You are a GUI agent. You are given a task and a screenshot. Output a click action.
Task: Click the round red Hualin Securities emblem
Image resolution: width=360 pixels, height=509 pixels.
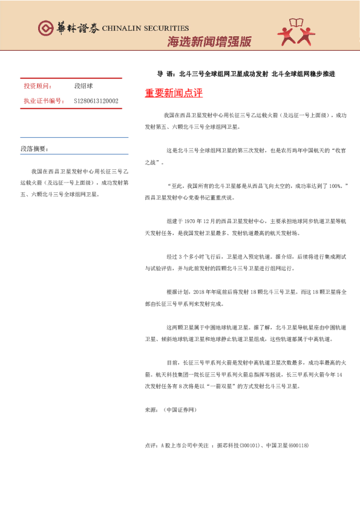(x=46, y=28)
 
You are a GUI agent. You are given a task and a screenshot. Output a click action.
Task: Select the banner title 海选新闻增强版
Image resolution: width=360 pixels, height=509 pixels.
(x=209, y=42)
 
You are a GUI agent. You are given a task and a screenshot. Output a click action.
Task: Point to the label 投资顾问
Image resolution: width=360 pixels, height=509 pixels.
(x=36, y=86)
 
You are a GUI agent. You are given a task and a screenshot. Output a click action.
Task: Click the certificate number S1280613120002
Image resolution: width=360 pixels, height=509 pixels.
(x=96, y=101)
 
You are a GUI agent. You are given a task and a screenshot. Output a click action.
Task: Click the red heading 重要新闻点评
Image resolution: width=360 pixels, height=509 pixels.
(x=174, y=93)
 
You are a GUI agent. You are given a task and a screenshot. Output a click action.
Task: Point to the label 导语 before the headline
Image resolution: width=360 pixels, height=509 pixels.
(x=163, y=74)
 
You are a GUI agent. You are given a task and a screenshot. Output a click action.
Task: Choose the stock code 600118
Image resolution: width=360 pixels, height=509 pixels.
(x=298, y=446)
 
